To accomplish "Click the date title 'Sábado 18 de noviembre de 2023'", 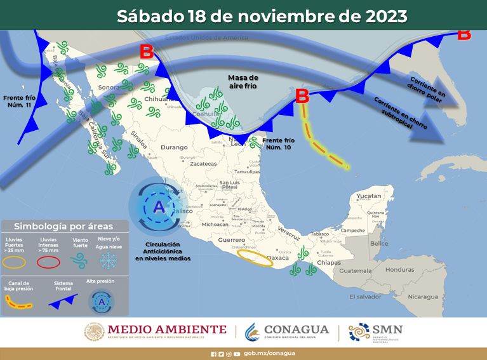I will point(262,16).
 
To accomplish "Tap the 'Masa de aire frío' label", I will point(243,81).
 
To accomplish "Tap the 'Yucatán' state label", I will point(368,196).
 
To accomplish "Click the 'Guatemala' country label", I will point(355,270).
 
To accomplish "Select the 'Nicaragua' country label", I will point(423,297).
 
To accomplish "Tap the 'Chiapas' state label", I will point(328,262).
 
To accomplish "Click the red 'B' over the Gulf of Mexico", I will point(302,96).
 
